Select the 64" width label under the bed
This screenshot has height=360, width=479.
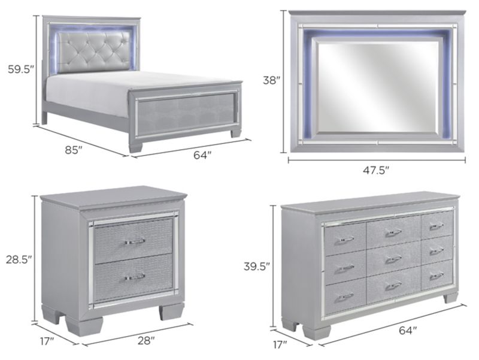[202, 155]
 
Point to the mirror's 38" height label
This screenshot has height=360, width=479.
[271, 80]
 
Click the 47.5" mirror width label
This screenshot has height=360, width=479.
[376, 170]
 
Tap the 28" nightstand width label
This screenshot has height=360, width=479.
[145, 341]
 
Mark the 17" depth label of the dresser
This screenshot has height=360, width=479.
[279, 344]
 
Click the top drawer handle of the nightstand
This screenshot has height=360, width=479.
[135, 241]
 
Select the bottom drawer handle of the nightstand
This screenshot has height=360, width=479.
[135, 277]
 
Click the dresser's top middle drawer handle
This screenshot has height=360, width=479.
[393, 232]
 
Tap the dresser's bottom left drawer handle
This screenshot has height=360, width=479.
[345, 296]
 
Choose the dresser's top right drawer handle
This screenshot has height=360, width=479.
[436, 226]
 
